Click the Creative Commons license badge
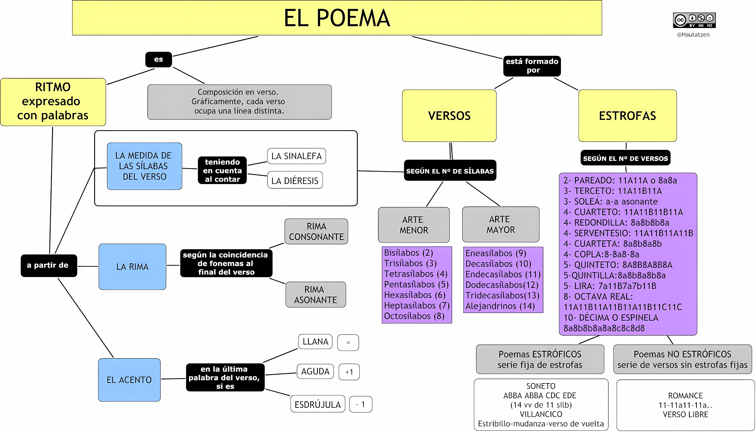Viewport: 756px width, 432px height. tap(694, 20)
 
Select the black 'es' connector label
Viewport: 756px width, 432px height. tap(158, 59)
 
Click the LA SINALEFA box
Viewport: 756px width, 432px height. tap(296, 156)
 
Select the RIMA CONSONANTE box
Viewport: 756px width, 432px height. tap(316, 231)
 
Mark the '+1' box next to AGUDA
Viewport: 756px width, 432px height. tap(349, 372)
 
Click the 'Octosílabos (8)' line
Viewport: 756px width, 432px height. tap(414, 316)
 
